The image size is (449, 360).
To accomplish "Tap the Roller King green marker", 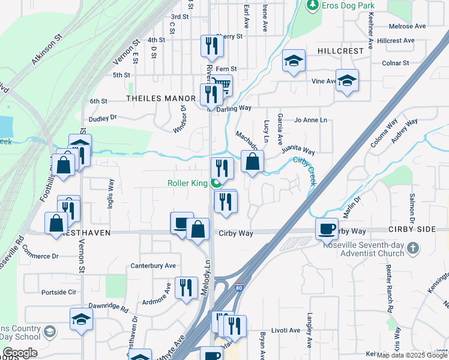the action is [x=215, y=183].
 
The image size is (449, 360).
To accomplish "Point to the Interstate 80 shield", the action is [x=240, y=287].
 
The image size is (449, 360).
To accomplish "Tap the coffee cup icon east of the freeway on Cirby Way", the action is [x=327, y=229].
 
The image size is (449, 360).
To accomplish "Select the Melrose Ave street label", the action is [x=407, y=26].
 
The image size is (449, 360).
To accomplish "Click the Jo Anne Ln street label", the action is [x=310, y=120].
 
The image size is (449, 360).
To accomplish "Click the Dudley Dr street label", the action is [x=102, y=119].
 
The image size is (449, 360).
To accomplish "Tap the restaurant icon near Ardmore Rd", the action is [x=186, y=287].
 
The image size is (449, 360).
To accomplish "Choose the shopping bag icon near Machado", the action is [x=253, y=161].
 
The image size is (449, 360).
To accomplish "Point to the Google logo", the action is [x=20, y=353].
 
